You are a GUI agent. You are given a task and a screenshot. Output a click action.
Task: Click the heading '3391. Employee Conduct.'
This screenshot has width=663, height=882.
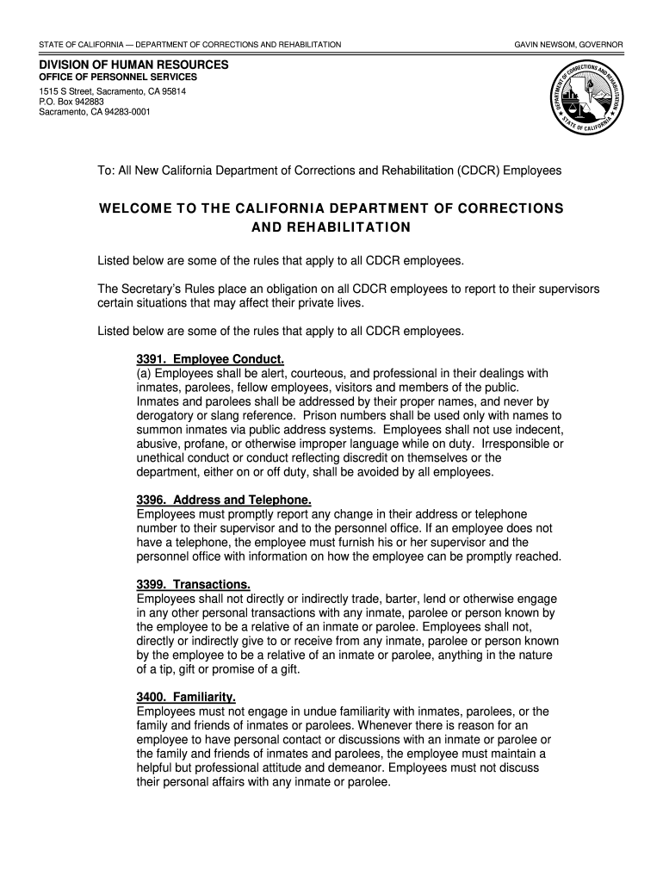[210, 358]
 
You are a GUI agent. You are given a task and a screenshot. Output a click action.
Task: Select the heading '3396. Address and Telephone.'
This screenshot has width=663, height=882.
[224, 500]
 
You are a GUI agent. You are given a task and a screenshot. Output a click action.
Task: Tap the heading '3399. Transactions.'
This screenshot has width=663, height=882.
[194, 584]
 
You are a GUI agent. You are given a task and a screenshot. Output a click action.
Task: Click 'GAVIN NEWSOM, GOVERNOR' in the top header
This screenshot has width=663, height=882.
[569, 44]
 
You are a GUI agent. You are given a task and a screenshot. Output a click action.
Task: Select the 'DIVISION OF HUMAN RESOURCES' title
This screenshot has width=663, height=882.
[133, 65]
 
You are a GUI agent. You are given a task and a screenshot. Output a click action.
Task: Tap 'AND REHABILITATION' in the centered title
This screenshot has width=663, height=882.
[331, 228]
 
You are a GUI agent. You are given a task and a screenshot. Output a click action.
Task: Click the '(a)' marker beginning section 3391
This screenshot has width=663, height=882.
[144, 373]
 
